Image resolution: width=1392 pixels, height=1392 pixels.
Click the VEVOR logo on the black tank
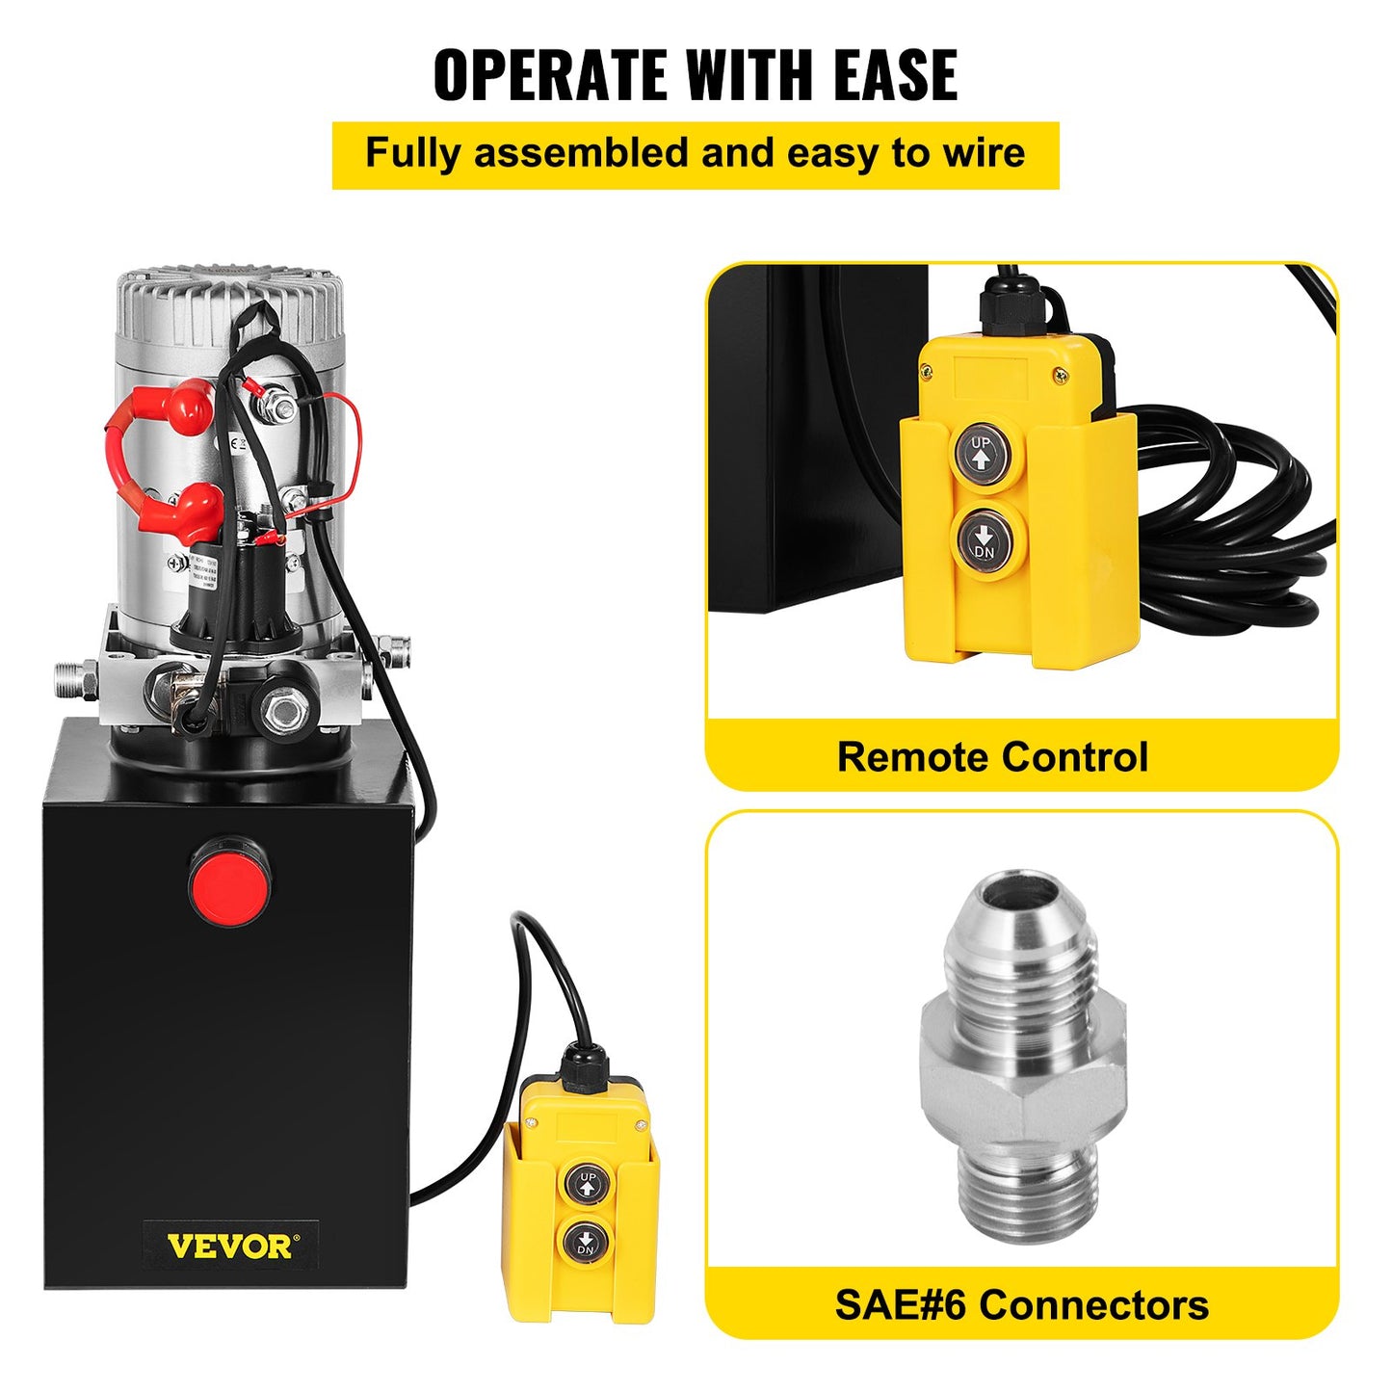(230, 1247)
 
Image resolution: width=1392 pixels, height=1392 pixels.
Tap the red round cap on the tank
(229, 881)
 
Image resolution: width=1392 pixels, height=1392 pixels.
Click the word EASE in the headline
(895, 75)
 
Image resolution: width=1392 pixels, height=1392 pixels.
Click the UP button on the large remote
(981, 451)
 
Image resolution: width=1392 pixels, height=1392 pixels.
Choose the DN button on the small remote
(585, 1243)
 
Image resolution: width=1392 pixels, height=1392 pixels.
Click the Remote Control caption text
(992, 756)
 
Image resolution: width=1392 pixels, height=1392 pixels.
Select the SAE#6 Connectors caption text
(1021, 1305)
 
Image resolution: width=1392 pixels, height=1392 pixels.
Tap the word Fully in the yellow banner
(413, 154)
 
